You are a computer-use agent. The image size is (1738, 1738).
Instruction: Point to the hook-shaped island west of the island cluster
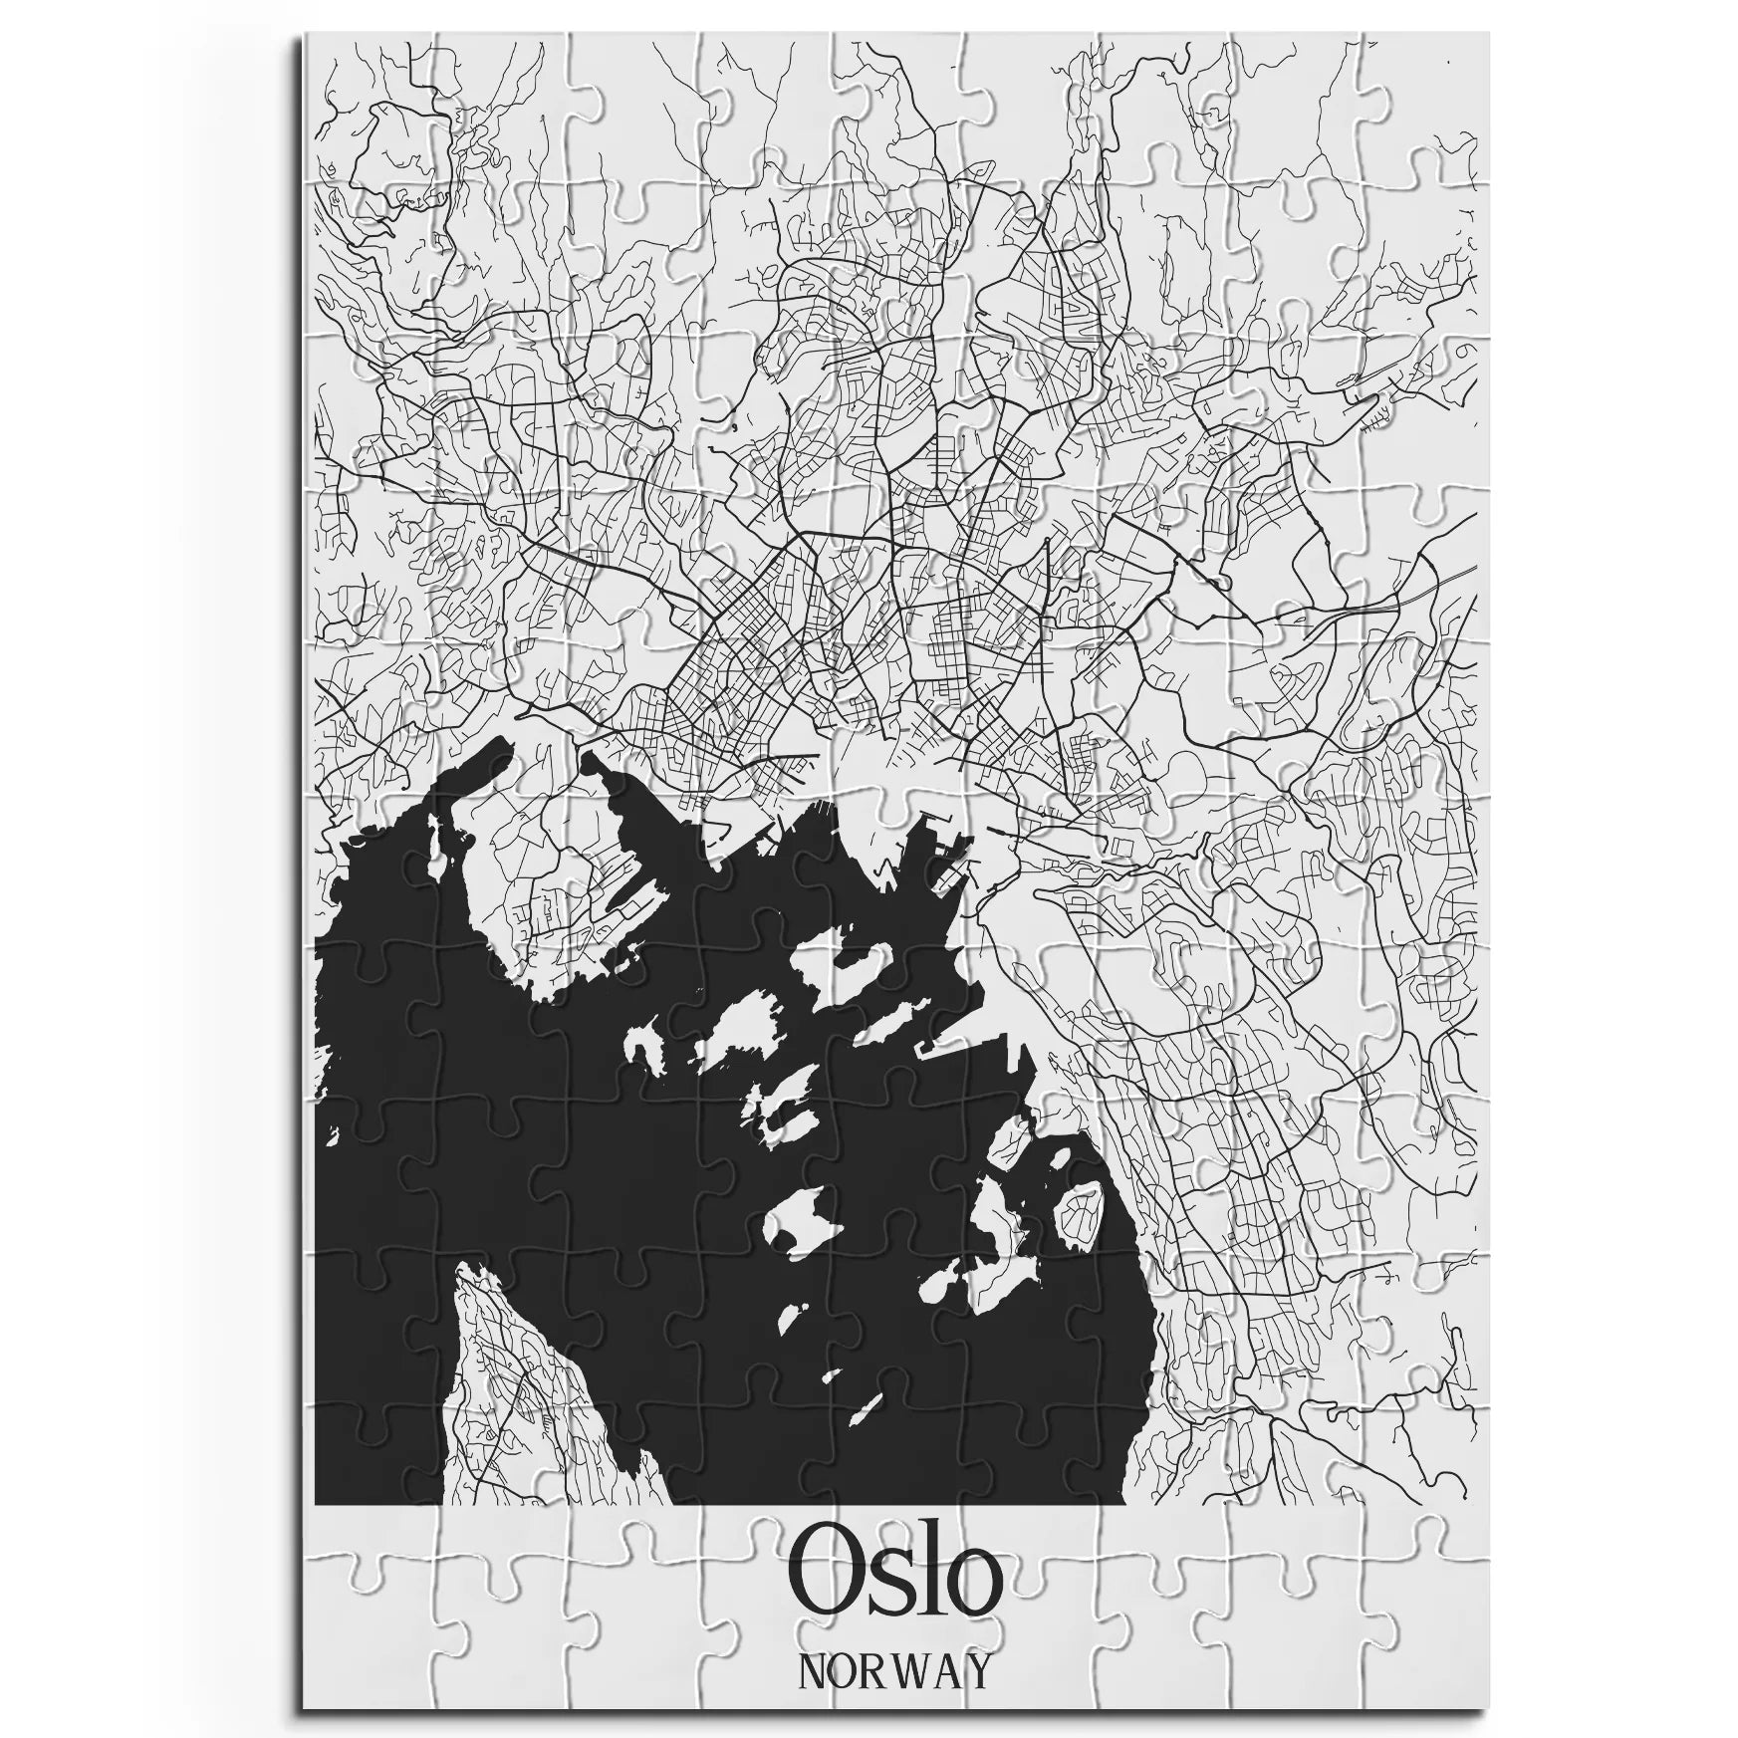click(645, 1043)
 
